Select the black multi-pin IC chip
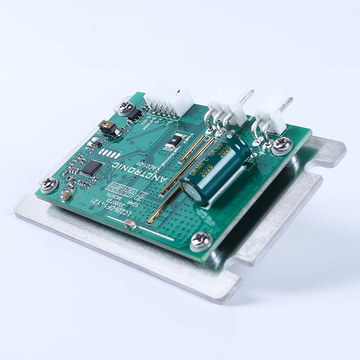point(92,168)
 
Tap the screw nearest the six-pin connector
point(126,107)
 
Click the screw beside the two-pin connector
point(282,144)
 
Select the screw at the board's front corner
point(201,241)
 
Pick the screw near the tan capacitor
point(48,183)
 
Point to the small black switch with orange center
point(106,128)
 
